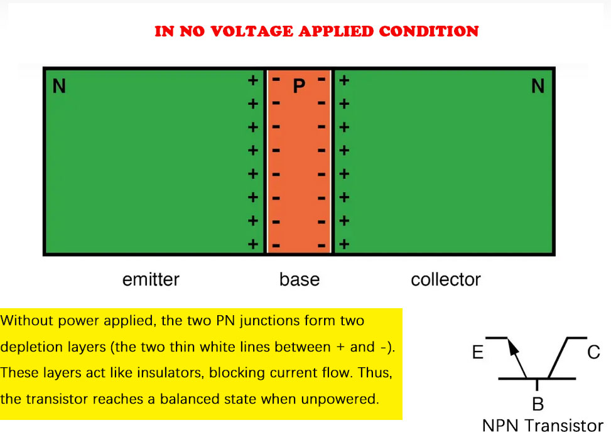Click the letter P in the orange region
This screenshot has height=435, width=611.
coord(299,87)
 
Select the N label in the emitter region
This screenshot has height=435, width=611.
coord(59,86)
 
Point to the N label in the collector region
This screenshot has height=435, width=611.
coord(538,86)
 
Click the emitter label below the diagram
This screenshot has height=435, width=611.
coord(151,279)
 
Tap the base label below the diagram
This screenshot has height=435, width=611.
coord(300,279)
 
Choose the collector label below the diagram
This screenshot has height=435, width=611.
coord(446,279)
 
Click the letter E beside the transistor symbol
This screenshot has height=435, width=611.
coord(479,353)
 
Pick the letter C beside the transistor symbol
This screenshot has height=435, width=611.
coord(593,353)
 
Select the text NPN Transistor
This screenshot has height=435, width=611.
coord(543,425)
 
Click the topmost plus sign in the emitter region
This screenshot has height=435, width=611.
coord(252,80)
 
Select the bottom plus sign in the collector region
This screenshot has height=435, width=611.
coord(344,244)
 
